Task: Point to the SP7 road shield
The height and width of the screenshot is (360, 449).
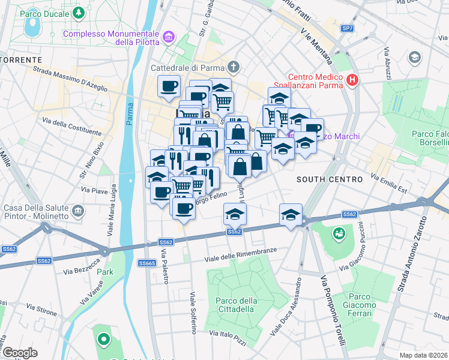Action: tap(347, 28)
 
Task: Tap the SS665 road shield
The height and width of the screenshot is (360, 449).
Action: tap(147, 263)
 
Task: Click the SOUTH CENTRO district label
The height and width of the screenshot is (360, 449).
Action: tap(330, 179)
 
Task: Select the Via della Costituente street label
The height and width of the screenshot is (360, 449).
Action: tap(71, 127)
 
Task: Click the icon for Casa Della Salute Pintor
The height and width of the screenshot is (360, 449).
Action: tap(78, 211)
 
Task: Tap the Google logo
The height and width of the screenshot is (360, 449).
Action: tap(20, 353)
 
